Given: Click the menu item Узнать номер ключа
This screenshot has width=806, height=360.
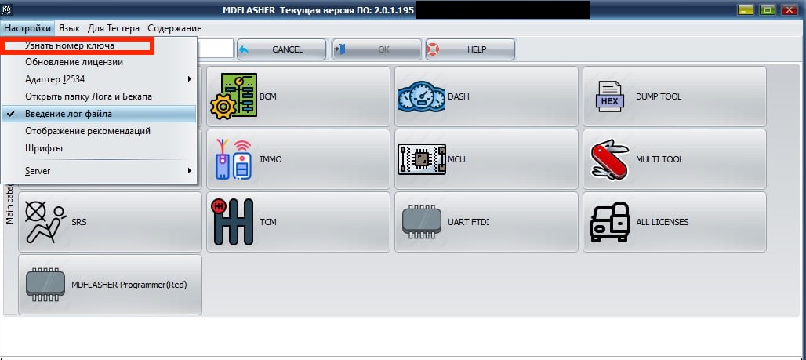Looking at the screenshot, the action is (70, 45).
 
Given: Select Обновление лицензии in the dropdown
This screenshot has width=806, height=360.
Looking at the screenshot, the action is (74, 62).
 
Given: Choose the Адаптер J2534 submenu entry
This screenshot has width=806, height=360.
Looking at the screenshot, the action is (55, 79).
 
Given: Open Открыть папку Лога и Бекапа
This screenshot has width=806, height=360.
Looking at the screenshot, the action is (89, 96).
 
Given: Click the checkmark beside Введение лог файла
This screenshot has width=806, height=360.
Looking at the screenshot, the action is (11, 114).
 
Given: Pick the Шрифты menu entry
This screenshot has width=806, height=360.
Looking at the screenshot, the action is (44, 149).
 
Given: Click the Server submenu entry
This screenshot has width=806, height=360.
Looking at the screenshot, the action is (38, 171).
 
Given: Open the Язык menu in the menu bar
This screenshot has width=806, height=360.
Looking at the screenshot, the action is (69, 28).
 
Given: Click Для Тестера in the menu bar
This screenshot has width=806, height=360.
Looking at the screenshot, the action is (114, 28).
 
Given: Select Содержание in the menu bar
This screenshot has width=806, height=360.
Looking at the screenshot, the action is (174, 28).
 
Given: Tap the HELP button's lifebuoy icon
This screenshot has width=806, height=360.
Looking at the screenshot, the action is (433, 49).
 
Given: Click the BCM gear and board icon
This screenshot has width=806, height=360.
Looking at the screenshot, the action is (234, 96).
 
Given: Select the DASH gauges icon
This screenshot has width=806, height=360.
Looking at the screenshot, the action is (422, 96).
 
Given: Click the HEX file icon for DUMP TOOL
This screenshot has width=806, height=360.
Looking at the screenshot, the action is (610, 96).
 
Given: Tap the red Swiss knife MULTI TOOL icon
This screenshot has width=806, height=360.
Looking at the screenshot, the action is (610, 159).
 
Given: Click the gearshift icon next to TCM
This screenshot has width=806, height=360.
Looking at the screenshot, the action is (232, 222).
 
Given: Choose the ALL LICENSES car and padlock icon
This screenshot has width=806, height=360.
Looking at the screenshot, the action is (610, 222).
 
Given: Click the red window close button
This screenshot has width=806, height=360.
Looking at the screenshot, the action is (789, 9).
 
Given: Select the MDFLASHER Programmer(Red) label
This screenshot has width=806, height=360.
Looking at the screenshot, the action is (129, 285).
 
